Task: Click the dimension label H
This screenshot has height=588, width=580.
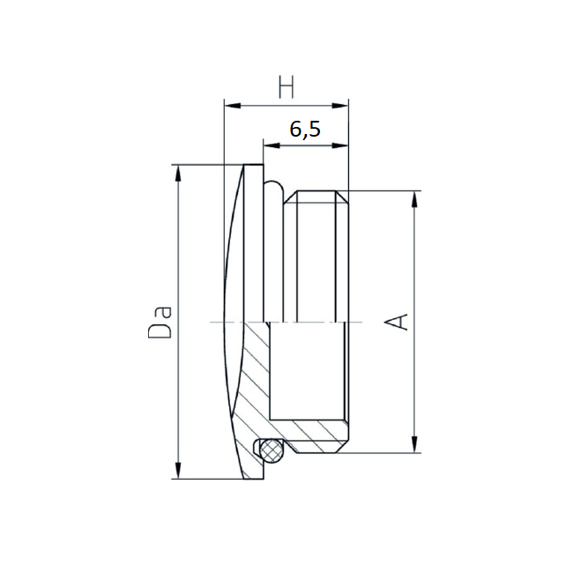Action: pyautogui.click(x=286, y=87)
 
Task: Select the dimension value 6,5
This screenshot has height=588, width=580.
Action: pyautogui.click(x=305, y=130)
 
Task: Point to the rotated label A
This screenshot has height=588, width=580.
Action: pyautogui.click(x=399, y=321)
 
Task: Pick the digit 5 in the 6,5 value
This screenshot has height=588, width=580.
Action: pyautogui.click(x=316, y=130)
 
